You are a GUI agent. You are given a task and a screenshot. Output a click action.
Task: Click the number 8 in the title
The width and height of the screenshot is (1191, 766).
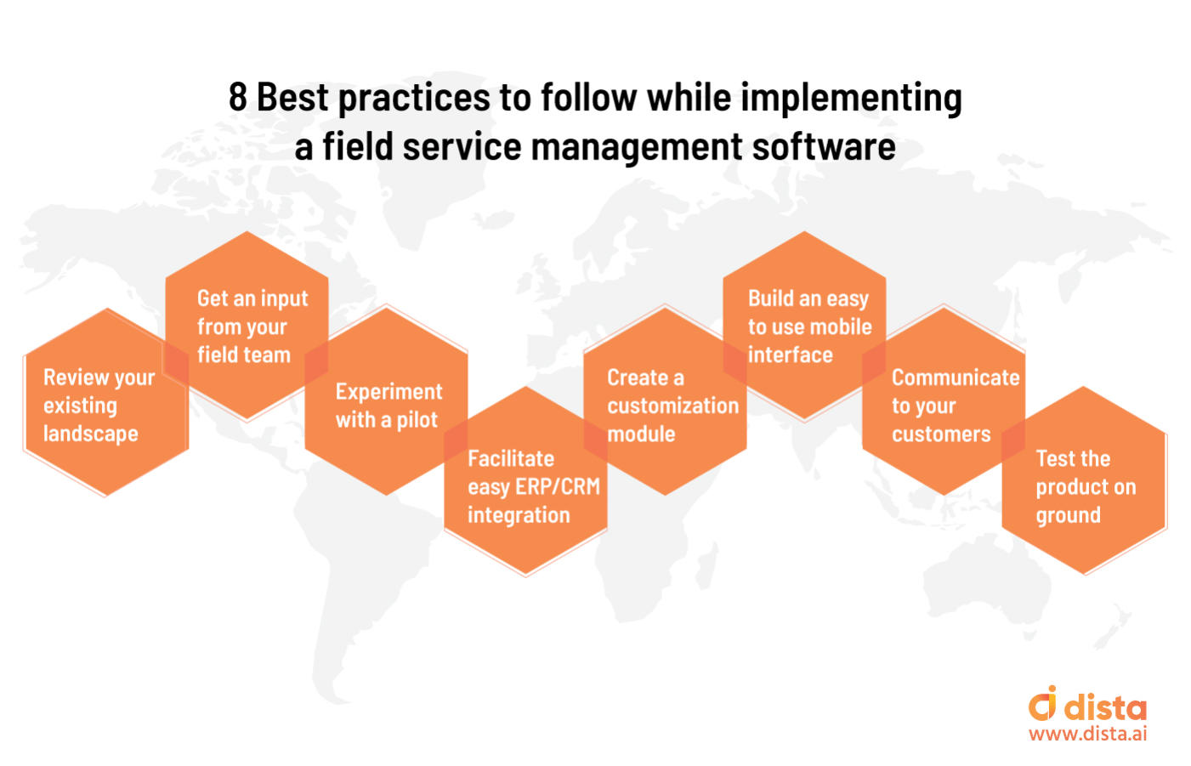point(237,98)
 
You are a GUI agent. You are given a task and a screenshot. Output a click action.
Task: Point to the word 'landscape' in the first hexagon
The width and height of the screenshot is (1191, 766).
point(91,434)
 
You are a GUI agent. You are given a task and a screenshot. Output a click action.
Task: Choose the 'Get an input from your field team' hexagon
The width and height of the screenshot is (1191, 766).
point(247,326)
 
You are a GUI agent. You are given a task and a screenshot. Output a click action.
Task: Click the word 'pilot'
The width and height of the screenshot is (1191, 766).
point(417,420)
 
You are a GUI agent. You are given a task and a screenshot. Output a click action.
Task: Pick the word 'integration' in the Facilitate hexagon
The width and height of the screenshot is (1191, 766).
point(519,515)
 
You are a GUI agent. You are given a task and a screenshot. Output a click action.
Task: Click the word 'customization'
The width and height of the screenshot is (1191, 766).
point(672,406)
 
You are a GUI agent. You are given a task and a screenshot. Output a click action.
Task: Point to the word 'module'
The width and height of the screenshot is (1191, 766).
point(641,434)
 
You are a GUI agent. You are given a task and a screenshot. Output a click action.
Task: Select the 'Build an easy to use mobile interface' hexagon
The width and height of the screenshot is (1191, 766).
point(804,326)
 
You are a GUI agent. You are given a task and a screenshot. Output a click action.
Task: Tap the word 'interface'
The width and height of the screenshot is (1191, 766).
point(790,355)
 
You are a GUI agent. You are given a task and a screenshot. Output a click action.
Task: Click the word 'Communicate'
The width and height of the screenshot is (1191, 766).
point(955,377)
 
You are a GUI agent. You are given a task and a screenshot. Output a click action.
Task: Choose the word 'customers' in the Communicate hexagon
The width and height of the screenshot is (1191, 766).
point(941,434)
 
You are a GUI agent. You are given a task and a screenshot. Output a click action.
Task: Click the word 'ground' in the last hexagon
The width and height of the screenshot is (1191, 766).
point(1068,516)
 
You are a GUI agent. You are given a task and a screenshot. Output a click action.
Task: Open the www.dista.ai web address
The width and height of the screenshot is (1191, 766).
point(1087,734)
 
